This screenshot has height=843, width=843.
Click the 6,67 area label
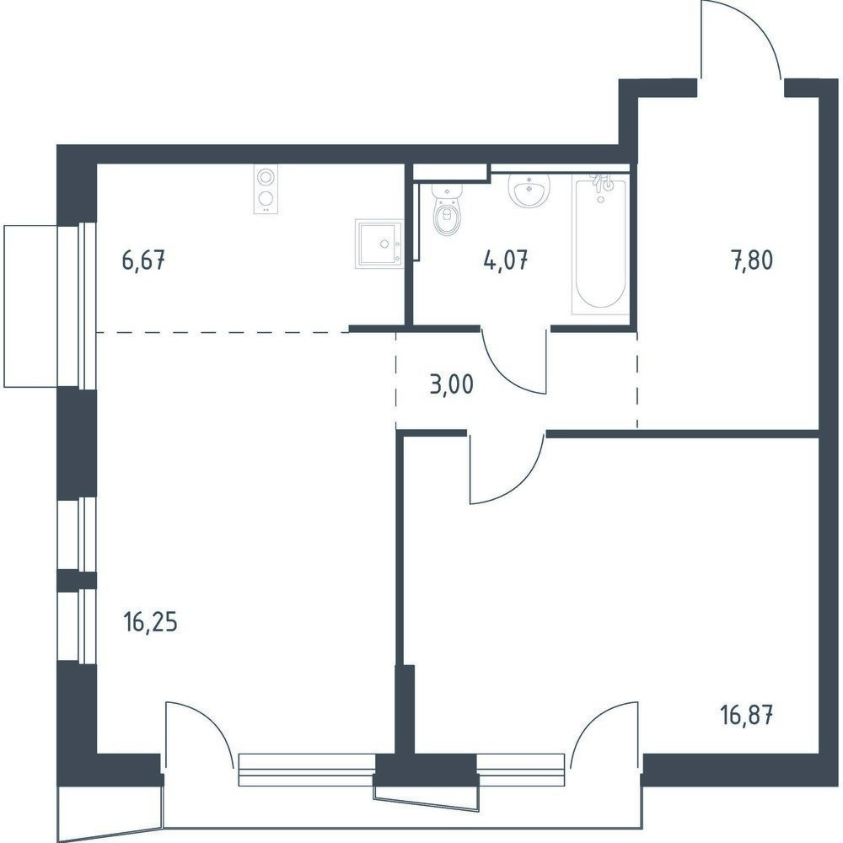click(x=143, y=262)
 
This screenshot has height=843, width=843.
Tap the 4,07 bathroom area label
click(x=506, y=262)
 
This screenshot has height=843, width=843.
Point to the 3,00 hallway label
click(x=452, y=385)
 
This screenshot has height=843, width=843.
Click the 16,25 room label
click(x=151, y=624)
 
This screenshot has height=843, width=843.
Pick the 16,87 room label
click(x=746, y=716)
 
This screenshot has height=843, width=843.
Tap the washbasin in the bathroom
click(x=529, y=191)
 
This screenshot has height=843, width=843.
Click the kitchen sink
click(x=379, y=243)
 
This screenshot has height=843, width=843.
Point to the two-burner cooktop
click(x=265, y=190)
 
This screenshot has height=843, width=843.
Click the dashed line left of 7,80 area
click(x=637, y=380)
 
